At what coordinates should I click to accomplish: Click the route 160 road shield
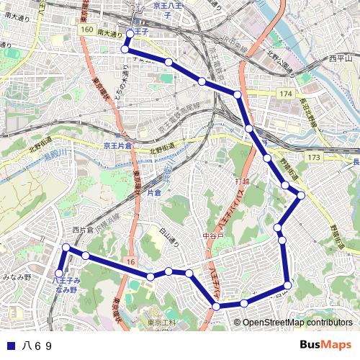pyautogui.click(x=87, y=30)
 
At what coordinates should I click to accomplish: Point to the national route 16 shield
pyautogui.click(x=129, y=260)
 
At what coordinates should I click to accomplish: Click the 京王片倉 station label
pyautogui.click(x=118, y=145)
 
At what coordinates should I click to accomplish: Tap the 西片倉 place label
pyautogui.click(x=83, y=230)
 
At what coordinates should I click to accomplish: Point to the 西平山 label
pyautogui.click(x=341, y=58)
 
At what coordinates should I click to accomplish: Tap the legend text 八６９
pyautogui.click(x=37, y=346)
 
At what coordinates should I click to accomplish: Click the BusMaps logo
pyautogui.click(x=326, y=345)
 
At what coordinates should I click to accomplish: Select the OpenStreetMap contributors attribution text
pyautogui.click(x=297, y=323)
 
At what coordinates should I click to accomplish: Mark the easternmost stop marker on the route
pyautogui.click(x=301, y=195)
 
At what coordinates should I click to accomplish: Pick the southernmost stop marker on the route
pyautogui.click(x=217, y=307)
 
